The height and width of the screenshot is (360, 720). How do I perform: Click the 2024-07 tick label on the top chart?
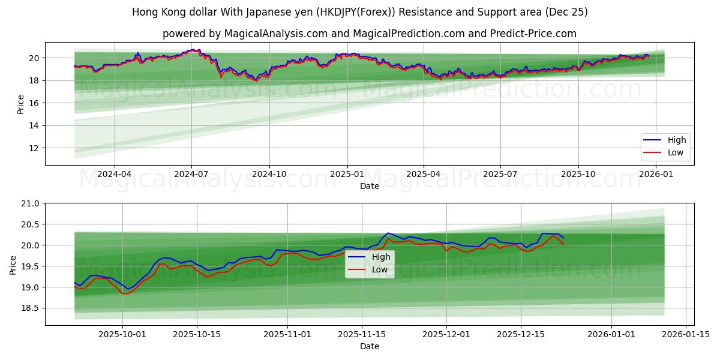pos(191,175)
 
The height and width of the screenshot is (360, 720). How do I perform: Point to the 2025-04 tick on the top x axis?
pos(424,175)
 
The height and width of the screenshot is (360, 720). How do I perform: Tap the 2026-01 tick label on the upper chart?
pos(656,175)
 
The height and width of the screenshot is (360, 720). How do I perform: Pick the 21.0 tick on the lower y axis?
pos(31,203)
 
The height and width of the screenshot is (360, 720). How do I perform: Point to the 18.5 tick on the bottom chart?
pos(31,308)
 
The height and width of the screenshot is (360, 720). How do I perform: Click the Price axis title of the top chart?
pos(21,104)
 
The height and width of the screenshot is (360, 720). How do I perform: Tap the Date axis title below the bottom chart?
pos(370,347)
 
